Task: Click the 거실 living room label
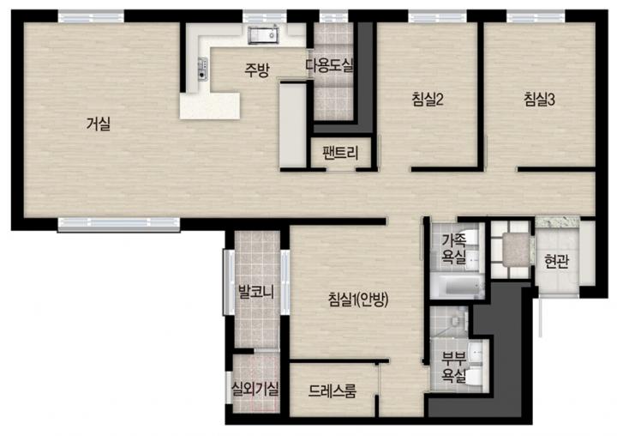coord(99,124)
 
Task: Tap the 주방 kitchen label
coord(257,70)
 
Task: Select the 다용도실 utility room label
coord(330,65)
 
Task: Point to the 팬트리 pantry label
coord(340,153)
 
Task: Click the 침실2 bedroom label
coord(428,99)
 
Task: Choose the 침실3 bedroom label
coord(539,99)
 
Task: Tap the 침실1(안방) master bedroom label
coord(358,300)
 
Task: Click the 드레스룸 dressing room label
coord(332,391)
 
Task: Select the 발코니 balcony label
coord(256,292)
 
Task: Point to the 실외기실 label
coord(255,389)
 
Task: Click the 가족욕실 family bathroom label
coord(453,248)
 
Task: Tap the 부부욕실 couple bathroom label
coord(453,367)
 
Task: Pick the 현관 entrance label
coord(556,261)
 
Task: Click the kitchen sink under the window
coord(263,34)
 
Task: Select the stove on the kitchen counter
coord(202,69)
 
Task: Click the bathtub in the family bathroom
coord(457,287)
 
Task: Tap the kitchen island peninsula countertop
coord(210,106)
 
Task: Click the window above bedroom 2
coord(438,17)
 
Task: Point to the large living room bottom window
coord(119,224)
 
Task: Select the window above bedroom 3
coord(536,17)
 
